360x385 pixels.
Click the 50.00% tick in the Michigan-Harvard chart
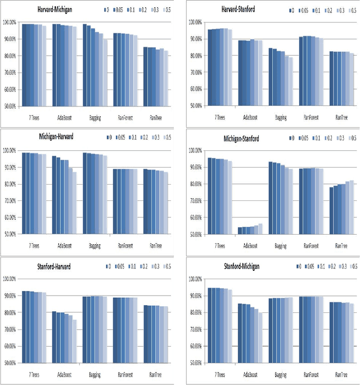click(x=10, y=234)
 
